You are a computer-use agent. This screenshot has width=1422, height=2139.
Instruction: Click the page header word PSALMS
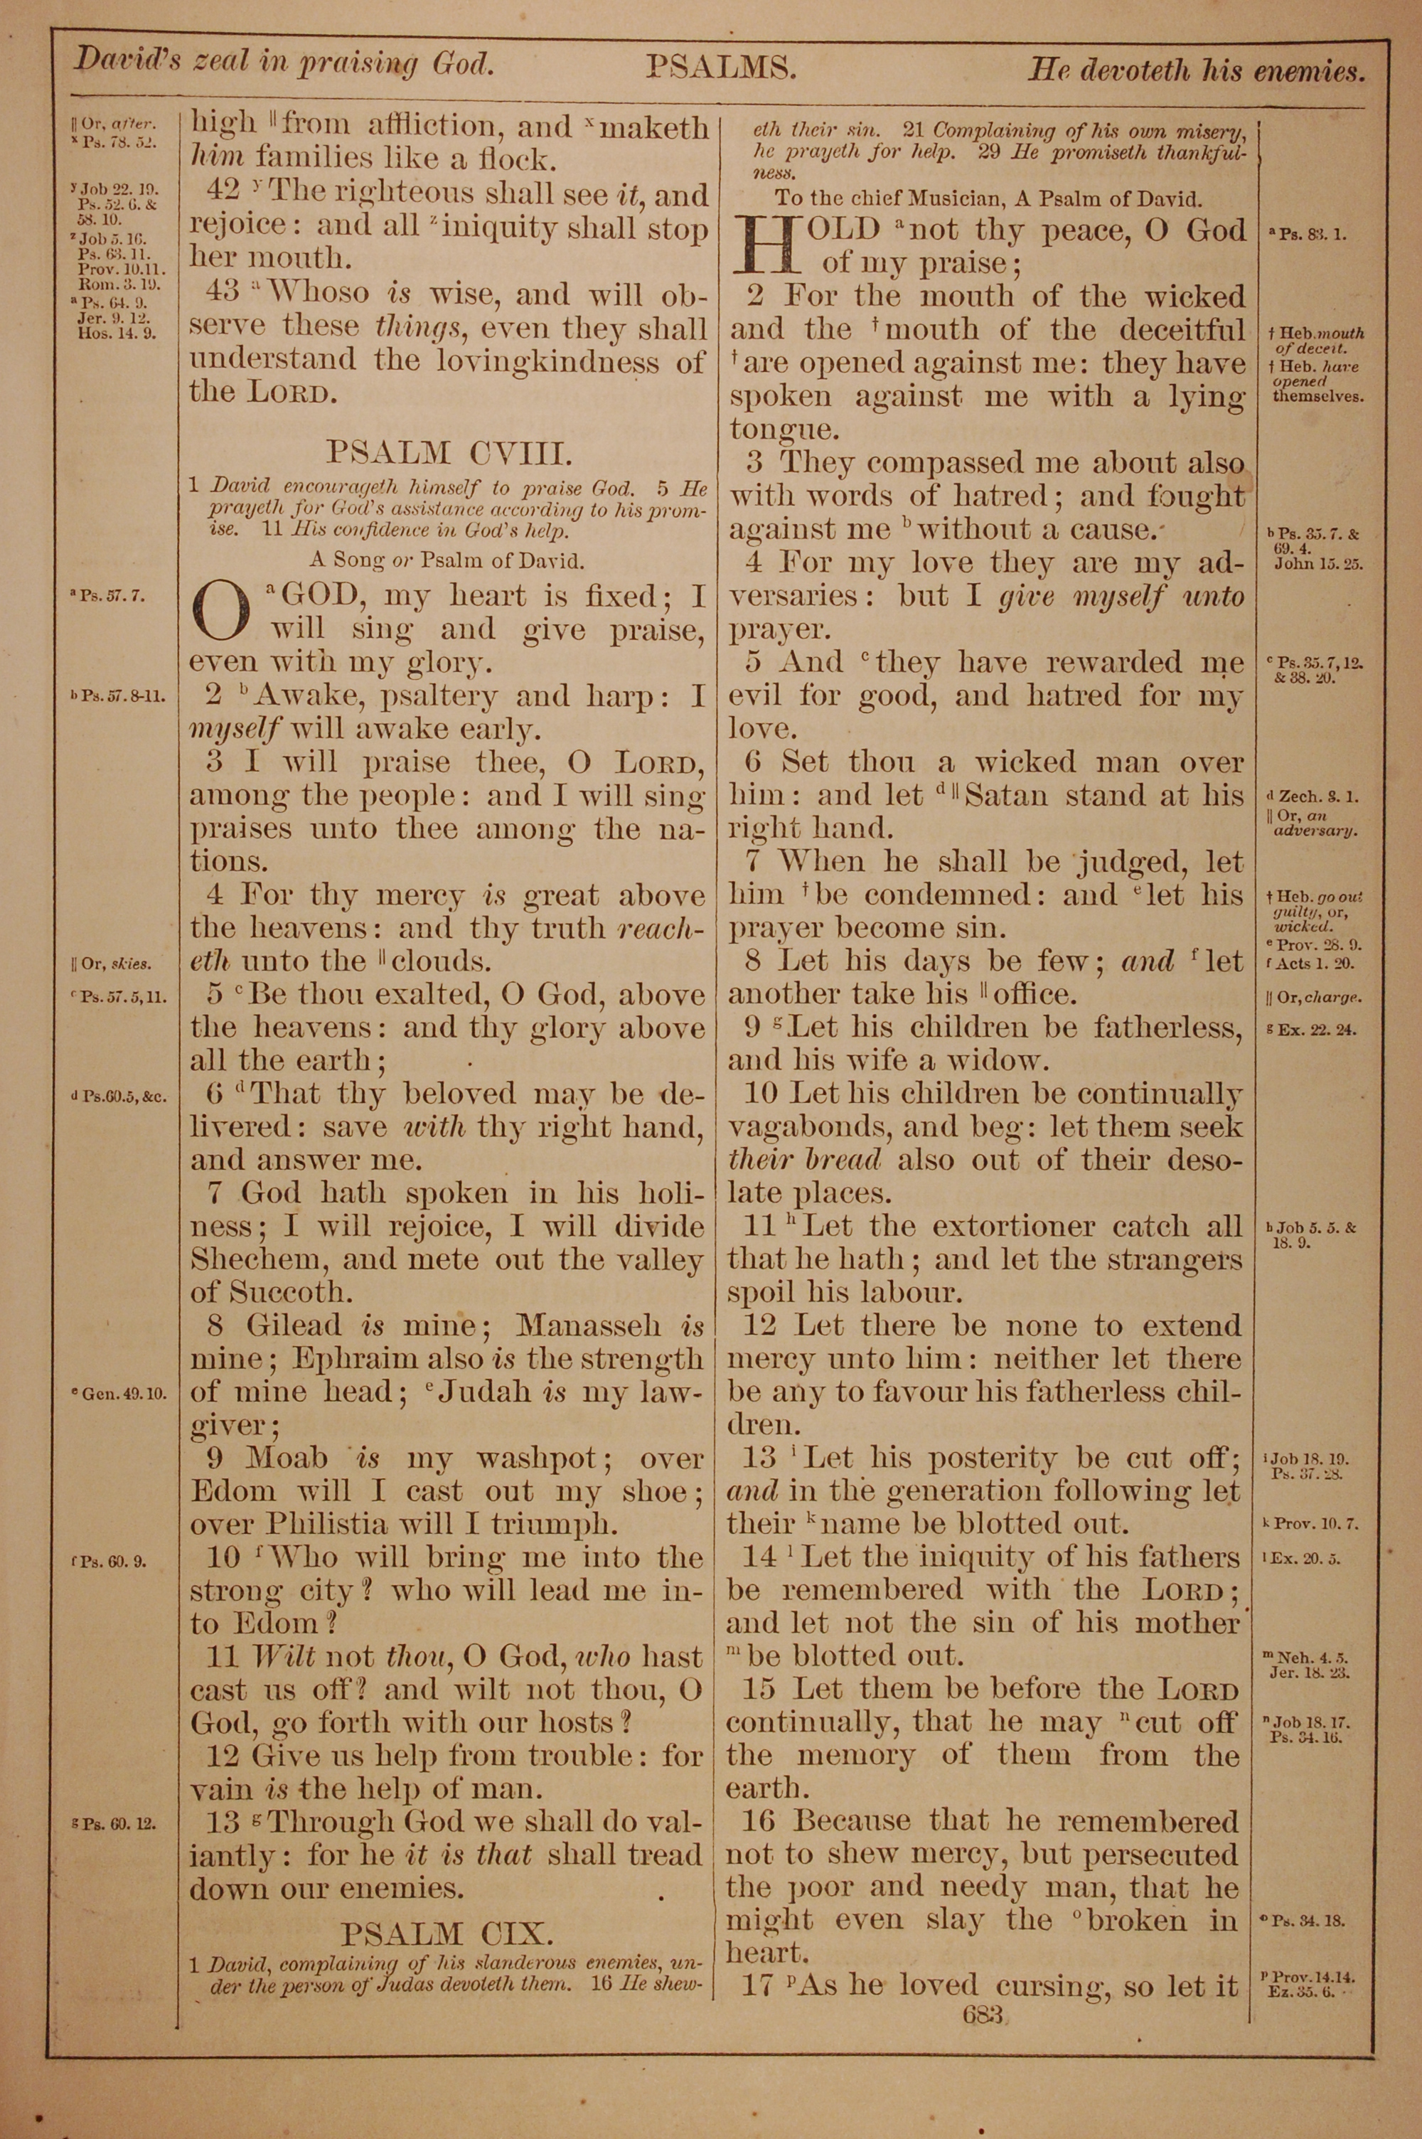pyautogui.click(x=721, y=68)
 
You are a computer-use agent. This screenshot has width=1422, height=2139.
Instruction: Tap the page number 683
pyautogui.click(x=983, y=2015)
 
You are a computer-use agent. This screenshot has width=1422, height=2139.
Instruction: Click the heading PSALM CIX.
pyautogui.click(x=447, y=1934)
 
